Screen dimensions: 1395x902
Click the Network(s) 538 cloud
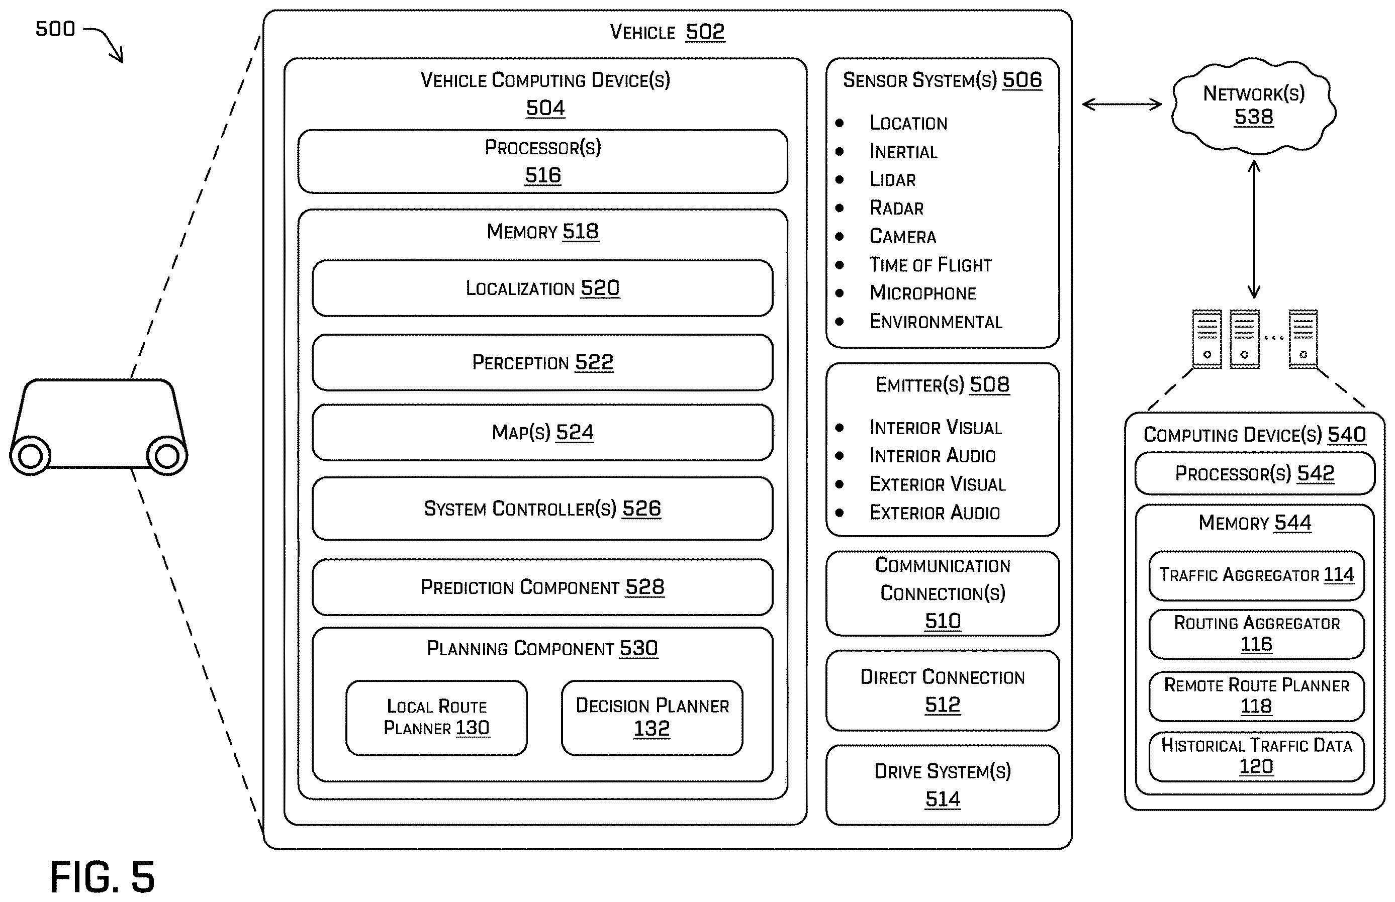tap(1253, 106)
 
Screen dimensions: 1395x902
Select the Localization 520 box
tap(542, 288)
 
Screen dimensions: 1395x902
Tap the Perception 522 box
tap(542, 362)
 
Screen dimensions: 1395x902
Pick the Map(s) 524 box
tap(542, 432)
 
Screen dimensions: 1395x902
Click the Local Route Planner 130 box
tap(436, 718)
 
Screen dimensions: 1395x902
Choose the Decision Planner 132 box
tap(652, 718)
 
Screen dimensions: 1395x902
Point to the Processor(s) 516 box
tap(542, 161)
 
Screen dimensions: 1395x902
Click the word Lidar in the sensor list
tap(892, 180)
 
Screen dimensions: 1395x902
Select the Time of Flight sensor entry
tap(931, 265)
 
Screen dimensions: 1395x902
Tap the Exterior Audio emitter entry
tap(935, 513)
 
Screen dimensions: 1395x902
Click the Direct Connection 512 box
tap(943, 690)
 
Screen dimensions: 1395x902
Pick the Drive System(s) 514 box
tap(943, 785)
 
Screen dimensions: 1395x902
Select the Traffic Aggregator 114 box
tap(1257, 575)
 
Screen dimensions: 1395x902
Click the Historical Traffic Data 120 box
tap(1257, 756)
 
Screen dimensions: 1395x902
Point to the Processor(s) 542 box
tap(1255, 473)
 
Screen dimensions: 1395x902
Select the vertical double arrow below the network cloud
tap(1254, 229)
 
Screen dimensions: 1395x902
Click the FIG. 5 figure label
tap(103, 877)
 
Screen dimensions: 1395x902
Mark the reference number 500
tap(56, 29)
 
